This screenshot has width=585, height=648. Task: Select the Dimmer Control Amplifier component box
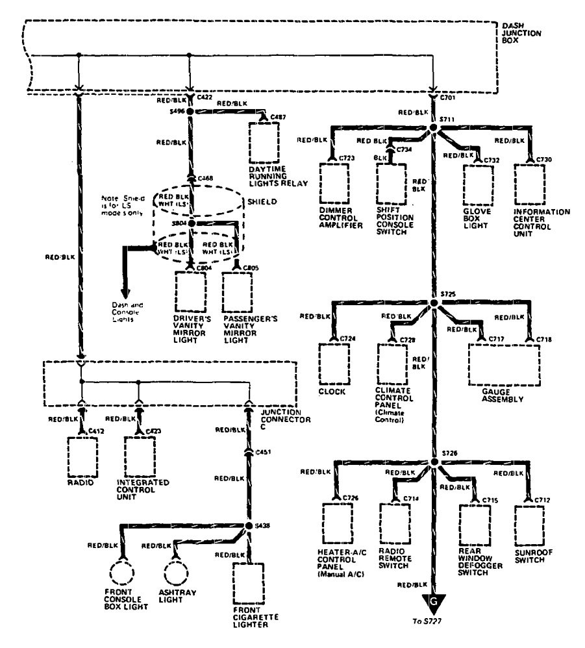[336, 183]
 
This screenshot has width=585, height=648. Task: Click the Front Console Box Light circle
[123, 575]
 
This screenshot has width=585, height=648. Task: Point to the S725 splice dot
[434, 303]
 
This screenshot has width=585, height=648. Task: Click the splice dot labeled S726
[434, 462]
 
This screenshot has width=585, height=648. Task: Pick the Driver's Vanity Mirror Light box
[190, 293]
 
